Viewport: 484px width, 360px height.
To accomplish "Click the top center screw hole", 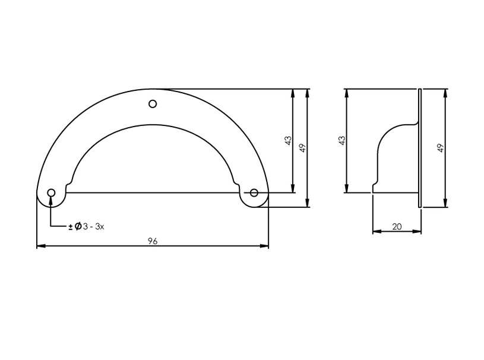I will tap(153, 104).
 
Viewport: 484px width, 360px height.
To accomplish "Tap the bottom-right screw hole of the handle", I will tap(254, 192).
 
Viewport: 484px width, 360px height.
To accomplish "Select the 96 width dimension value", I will tap(153, 241).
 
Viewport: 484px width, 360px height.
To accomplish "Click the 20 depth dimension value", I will tap(397, 226).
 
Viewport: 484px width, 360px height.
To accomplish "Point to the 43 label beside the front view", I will tap(288, 141).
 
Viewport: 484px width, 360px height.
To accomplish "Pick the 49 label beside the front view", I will tap(302, 148).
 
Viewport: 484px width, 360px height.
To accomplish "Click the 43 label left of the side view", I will tap(341, 141).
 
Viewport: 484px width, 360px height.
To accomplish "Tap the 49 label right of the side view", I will tap(441, 148).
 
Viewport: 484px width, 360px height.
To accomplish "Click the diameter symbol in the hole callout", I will tap(77, 226).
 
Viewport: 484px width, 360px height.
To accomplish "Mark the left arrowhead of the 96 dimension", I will tap(40, 246).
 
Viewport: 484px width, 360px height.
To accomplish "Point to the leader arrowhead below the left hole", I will tap(52, 200).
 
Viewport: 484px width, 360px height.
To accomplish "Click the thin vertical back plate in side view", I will tap(420, 148).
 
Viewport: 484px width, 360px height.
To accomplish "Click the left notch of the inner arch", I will tap(71, 184).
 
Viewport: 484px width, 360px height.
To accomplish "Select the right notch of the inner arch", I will tap(236, 184).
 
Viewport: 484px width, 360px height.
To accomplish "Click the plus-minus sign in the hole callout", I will tap(71, 227).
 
